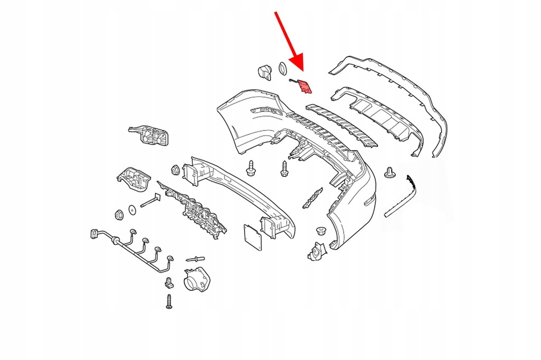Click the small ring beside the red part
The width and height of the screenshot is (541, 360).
coord(283,68)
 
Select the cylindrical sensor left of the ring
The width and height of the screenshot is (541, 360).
coord(264,72)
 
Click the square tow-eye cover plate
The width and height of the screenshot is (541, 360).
coord(253,236)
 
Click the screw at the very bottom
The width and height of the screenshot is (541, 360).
coord(169,301)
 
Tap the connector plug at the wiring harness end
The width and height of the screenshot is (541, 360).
coord(95,234)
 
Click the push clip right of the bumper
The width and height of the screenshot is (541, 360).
coord(391,173)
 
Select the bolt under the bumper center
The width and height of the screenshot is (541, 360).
coord(284,169)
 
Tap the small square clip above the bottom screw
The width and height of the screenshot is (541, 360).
coord(169,282)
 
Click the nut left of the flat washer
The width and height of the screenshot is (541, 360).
coord(119,214)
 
